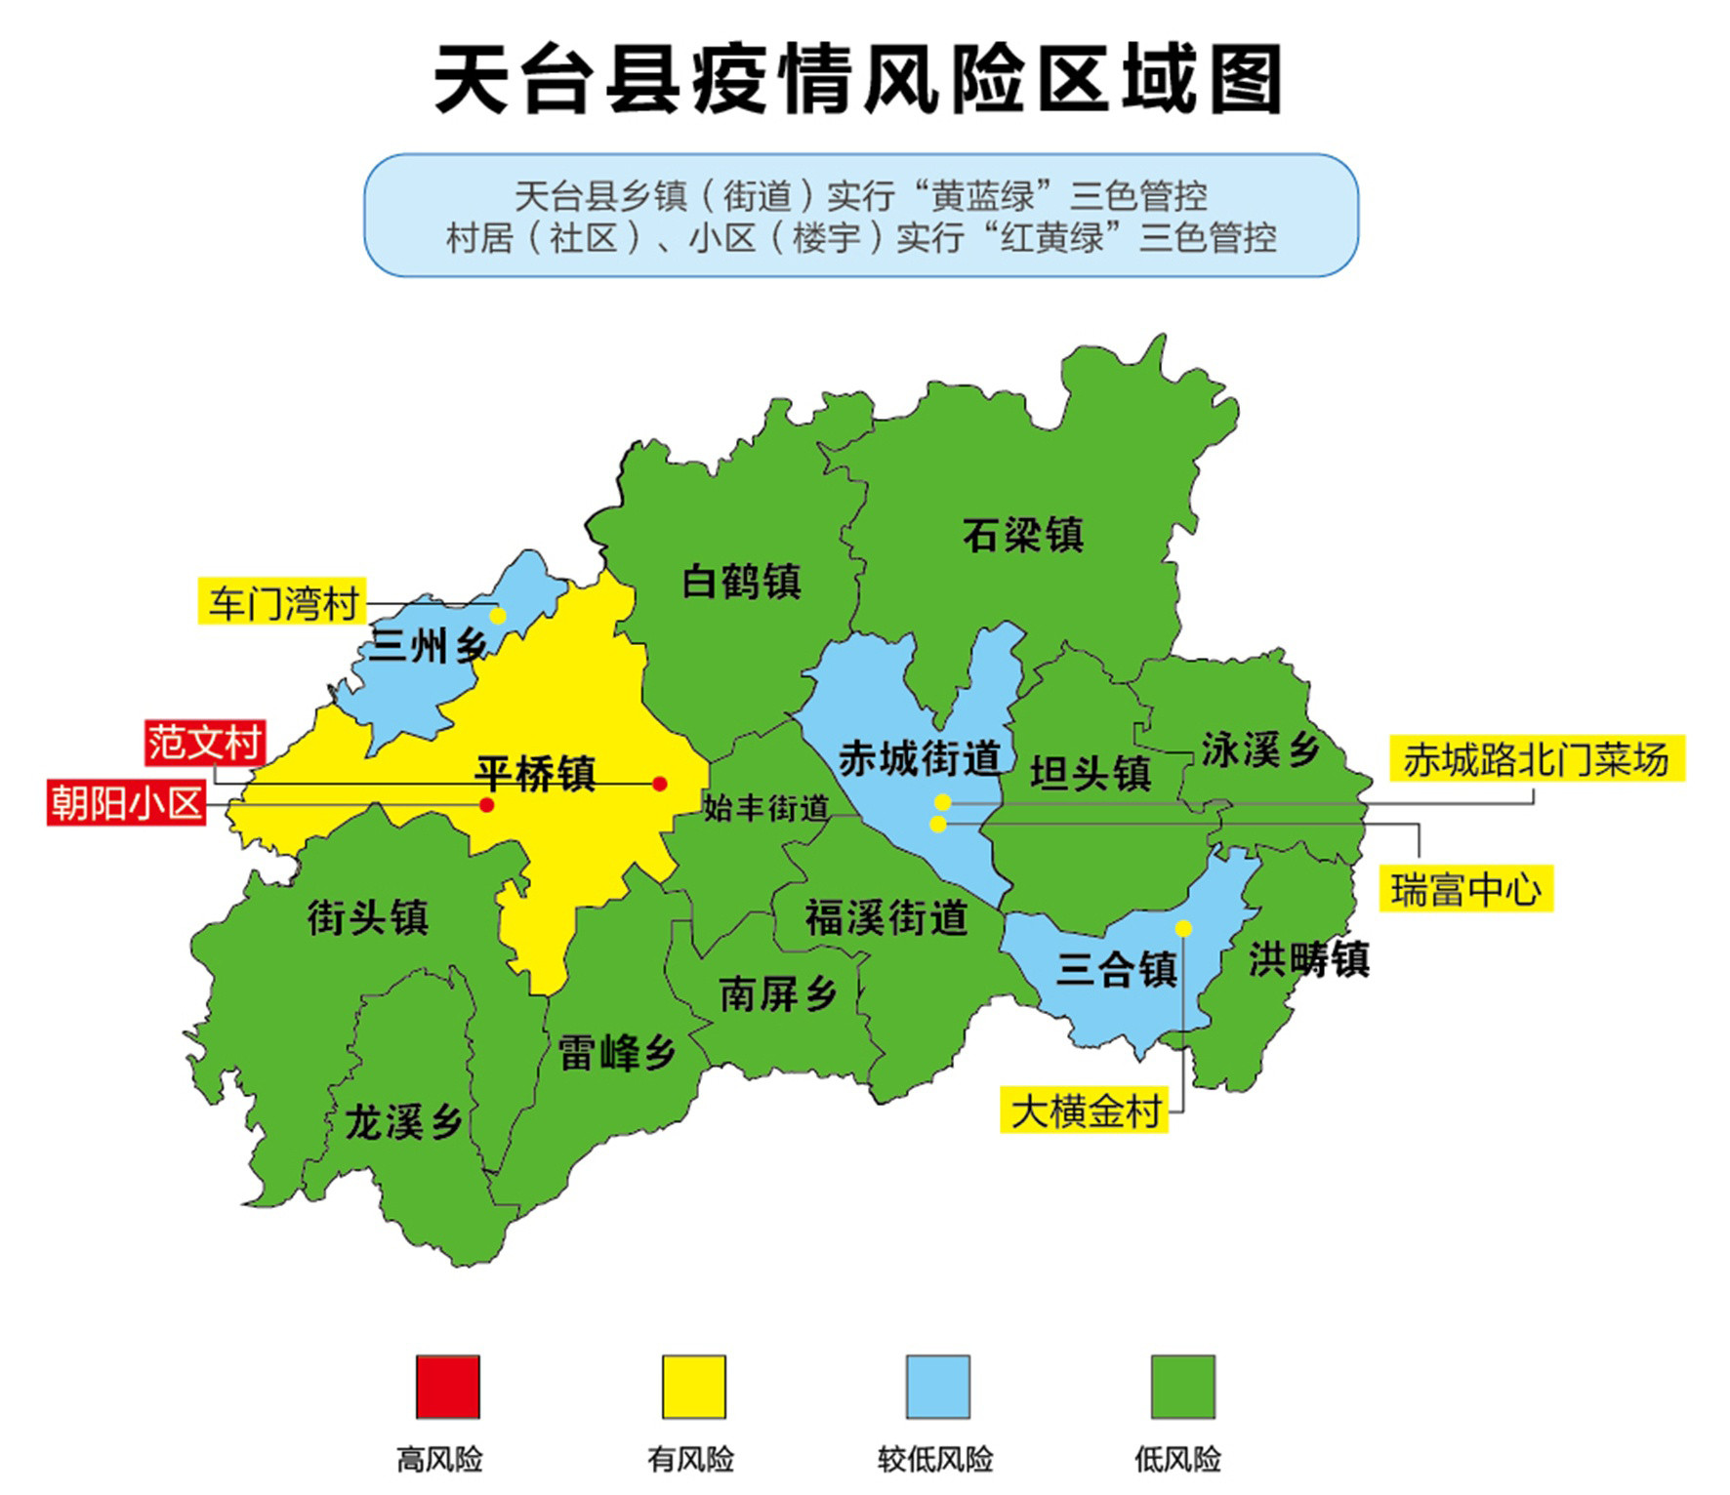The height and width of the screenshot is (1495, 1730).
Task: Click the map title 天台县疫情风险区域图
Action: [857, 80]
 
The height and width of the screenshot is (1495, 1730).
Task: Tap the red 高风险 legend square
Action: [448, 1386]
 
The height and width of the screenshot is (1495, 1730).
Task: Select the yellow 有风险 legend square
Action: [693, 1386]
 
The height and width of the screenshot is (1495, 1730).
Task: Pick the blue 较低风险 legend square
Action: [937, 1386]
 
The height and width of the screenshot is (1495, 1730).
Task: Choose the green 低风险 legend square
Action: [1182, 1386]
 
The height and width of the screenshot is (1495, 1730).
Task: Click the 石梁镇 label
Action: [1022, 535]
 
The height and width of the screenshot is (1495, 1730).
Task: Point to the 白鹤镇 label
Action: [741, 582]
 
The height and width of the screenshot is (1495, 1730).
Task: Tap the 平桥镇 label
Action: [535, 773]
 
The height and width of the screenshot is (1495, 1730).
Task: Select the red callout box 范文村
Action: [205, 744]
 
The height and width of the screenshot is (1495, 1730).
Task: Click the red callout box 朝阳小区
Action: [127, 803]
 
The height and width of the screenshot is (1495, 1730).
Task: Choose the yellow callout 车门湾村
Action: [282, 602]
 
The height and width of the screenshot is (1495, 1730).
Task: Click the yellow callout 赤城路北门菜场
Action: [1537, 759]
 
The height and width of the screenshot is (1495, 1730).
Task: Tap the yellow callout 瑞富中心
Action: [1465, 889]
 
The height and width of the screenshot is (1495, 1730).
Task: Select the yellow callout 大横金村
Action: [1085, 1111]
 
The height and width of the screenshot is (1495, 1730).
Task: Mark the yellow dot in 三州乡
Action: [498, 616]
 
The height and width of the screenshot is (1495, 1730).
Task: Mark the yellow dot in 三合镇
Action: [1183, 928]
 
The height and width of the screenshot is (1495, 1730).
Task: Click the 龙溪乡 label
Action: [402, 1123]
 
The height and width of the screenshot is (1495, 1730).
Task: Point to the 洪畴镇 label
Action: [1308, 960]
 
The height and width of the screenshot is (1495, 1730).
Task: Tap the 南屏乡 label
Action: [778, 994]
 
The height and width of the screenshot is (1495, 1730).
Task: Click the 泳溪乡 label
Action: [1259, 749]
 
